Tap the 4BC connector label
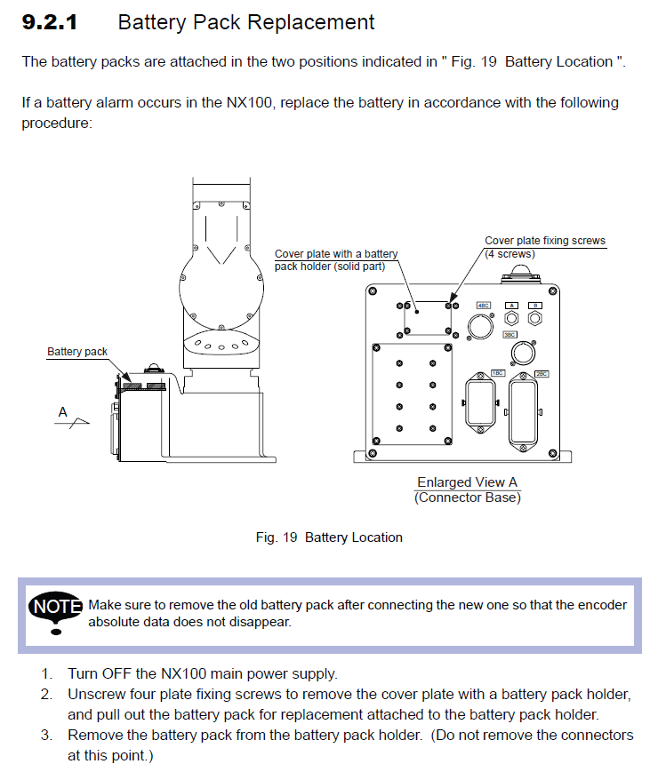click(485, 306)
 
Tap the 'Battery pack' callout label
click(77, 352)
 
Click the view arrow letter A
click(62, 411)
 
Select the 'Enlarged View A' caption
click(467, 482)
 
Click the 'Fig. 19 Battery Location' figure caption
click(329, 537)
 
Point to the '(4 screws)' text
click(510, 253)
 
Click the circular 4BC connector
click(479, 326)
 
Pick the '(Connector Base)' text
click(468, 497)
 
